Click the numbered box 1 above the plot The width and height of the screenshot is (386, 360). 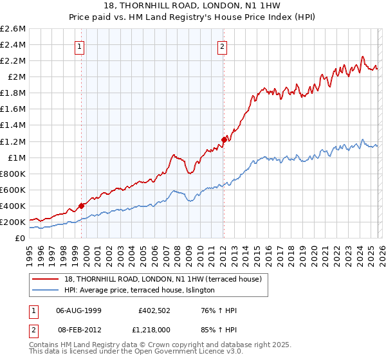click(x=79, y=46)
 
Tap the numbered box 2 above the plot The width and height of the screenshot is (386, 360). click(x=222, y=46)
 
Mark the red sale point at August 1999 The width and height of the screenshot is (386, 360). click(x=82, y=206)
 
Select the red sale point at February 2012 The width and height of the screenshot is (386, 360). click(x=225, y=139)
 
